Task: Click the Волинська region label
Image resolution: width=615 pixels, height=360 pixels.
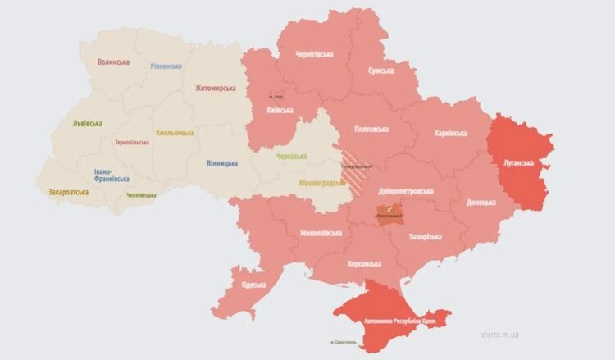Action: [113, 62]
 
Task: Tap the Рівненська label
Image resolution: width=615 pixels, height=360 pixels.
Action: [166, 66]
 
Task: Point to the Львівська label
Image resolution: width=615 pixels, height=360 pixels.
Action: [87, 124]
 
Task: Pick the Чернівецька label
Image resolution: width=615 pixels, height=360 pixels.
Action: [141, 195]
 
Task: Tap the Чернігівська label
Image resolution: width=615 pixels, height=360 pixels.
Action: [315, 55]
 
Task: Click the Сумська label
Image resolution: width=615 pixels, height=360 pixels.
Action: [380, 71]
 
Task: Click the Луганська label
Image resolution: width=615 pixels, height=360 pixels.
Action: [520, 163]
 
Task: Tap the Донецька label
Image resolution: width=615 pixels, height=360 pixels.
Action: [481, 202]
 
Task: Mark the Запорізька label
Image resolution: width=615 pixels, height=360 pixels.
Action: [424, 237]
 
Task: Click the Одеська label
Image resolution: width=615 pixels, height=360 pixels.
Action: [253, 285]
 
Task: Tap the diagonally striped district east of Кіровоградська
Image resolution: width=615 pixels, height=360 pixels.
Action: [358, 171]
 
